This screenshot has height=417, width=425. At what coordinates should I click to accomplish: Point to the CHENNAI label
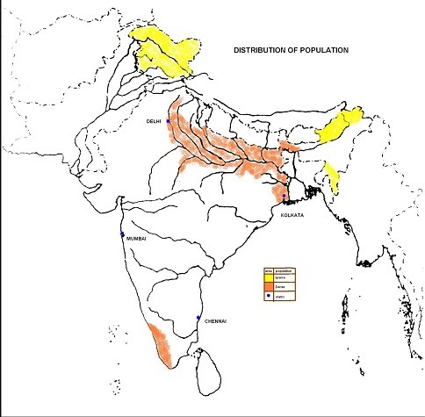[x=216, y=321]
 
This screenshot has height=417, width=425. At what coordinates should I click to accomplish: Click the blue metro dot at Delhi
[x=167, y=121]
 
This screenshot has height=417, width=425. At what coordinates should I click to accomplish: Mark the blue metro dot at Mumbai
[x=123, y=235]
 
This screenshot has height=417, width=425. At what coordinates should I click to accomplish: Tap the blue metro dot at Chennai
[x=199, y=317]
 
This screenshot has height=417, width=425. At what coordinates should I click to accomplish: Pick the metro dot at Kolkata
[x=284, y=195]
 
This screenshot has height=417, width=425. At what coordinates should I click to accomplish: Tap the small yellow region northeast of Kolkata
[x=333, y=176]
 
